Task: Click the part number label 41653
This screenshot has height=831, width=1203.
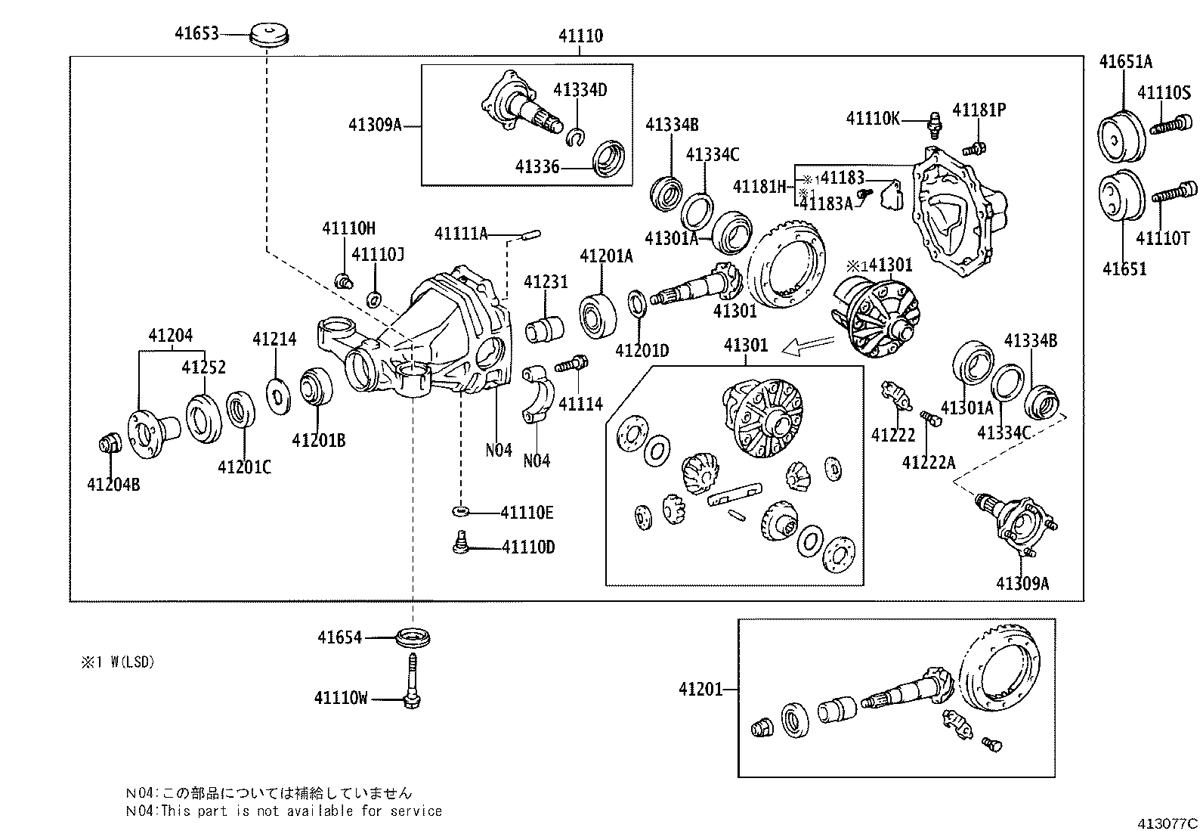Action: pos(196,34)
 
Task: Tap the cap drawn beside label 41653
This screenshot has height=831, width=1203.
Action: pos(271,36)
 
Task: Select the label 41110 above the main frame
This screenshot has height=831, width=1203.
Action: pos(580,36)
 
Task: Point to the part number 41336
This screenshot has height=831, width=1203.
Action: pos(537,166)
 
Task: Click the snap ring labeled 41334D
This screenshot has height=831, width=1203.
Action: pos(576,136)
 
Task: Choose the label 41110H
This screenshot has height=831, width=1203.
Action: pos(348,228)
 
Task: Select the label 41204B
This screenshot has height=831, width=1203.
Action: pos(113,485)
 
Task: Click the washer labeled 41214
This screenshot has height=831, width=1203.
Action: pos(280,395)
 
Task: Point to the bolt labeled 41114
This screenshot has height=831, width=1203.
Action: pos(572,364)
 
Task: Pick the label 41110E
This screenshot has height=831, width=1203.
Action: pos(527,513)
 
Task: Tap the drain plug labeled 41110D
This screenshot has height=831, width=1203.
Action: pos(460,543)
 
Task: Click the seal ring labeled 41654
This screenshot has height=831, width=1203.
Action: pos(413,637)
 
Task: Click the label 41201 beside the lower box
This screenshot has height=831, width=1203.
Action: pos(700,689)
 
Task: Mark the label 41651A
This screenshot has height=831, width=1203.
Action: pos(1125,62)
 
